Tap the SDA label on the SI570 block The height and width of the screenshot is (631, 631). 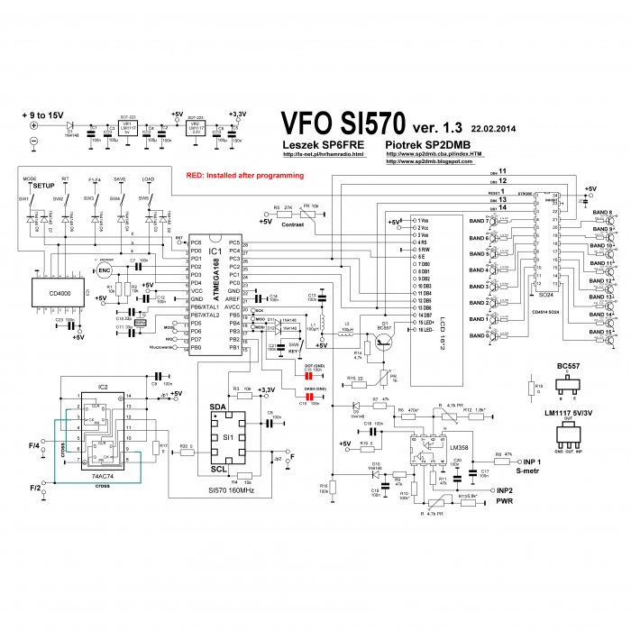[217, 407]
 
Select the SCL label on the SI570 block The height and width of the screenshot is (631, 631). [217, 468]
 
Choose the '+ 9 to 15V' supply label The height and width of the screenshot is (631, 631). [44, 116]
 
